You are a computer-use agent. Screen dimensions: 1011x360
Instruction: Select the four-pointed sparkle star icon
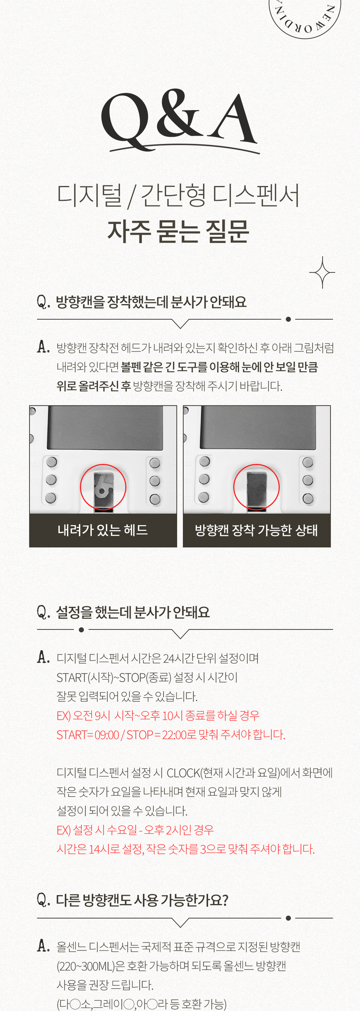322,272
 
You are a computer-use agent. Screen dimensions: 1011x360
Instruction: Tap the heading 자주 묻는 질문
179,231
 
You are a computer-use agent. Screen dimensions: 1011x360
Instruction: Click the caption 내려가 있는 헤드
103,530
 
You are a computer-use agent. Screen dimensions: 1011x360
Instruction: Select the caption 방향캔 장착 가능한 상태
256,530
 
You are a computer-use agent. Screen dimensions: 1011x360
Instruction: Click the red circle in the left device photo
103,487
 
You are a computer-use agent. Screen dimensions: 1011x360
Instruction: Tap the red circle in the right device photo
256,487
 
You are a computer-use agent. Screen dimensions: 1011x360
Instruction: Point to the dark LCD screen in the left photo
105,427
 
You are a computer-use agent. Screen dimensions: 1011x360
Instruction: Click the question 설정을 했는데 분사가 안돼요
132,612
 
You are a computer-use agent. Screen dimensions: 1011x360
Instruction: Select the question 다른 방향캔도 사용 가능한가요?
141,900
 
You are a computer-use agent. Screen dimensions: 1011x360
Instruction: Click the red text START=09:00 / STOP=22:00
171,734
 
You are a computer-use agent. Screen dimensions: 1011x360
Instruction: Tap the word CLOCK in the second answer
183,772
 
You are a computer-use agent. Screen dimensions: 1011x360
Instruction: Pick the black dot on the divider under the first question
288,319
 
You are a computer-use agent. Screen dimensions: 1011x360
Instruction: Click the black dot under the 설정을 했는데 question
81,630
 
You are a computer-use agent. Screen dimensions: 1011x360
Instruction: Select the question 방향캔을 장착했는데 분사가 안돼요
151,302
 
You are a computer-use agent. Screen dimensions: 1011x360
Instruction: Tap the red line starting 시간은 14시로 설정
185,849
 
